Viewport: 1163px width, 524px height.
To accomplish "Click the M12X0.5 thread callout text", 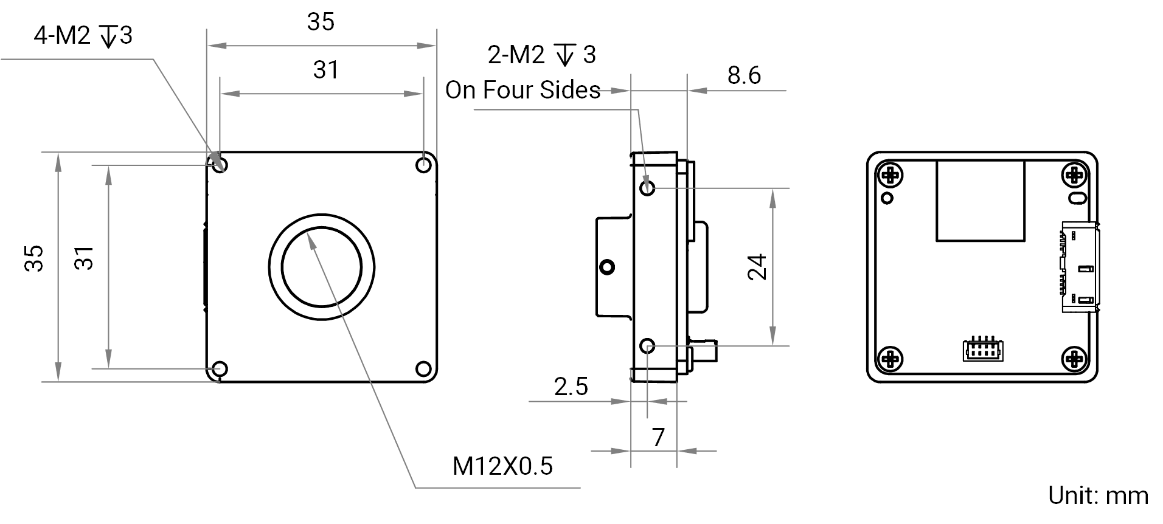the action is tap(502, 466).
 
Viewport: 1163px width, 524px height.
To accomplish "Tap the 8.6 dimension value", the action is tap(744, 75).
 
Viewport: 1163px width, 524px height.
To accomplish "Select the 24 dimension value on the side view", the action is tap(757, 267).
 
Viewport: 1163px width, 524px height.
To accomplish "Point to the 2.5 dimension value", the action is tap(571, 387).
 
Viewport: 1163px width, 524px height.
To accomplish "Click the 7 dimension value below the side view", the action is tap(658, 438).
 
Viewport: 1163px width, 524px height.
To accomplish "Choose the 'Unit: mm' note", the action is tap(1099, 496).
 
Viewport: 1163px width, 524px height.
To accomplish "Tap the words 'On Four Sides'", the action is tap(523, 90).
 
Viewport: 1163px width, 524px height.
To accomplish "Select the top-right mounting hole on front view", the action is tap(423, 165).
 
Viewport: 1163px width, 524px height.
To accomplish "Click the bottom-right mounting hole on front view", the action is tap(423, 369).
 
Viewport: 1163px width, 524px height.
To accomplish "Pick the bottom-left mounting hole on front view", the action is tap(219, 369).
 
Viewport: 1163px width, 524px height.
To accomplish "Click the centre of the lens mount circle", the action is tap(322, 267).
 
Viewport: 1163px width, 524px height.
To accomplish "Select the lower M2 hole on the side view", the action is tap(648, 346).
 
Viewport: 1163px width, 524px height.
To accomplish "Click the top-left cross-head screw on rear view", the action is tap(890, 176).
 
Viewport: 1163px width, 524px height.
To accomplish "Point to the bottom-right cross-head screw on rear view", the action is tap(1074, 359).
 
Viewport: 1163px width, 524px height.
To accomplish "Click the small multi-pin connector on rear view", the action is tap(983, 349).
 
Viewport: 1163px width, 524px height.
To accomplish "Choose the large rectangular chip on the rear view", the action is tap(981, 201).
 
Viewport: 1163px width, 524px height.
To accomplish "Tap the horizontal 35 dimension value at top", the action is tap(321, 22).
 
